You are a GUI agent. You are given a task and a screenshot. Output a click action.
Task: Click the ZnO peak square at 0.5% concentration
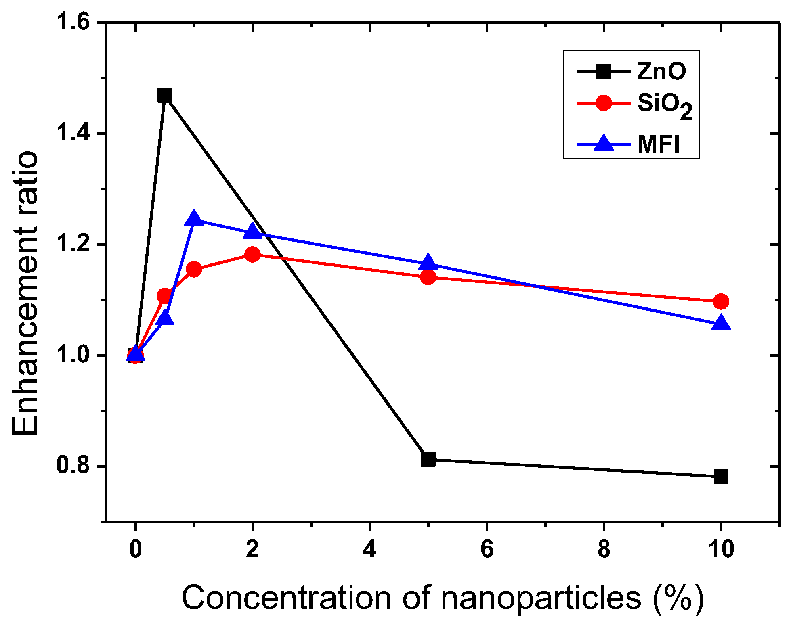pos(165,96)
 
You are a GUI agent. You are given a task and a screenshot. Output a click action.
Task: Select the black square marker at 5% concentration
pos(428,459)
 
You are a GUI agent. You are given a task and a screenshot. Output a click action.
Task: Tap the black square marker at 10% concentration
pos(721,477)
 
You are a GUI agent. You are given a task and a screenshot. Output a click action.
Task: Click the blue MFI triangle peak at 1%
pos(194,218)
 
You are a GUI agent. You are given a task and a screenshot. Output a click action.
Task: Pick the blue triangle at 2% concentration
pos(253,231)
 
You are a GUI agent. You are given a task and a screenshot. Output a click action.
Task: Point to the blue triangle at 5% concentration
pos(428,263)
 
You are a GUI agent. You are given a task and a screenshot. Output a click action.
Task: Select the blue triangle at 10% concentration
pos(721,324)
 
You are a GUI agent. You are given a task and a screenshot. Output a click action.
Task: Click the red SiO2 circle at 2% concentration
pos(253,254)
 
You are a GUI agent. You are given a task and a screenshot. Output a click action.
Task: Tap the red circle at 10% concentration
pos(721,301)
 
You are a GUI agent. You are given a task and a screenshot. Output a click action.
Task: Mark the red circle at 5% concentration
pos(428,277)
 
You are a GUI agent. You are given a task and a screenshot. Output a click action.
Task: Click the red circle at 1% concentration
pos(194,269)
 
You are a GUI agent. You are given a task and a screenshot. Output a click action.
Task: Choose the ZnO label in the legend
pos(661,72)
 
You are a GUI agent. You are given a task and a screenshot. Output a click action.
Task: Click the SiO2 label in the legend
pos(664,105)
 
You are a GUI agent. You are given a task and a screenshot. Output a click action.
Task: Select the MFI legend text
pos(659,144)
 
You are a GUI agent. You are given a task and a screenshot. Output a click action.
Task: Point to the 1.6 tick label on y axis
pos(72,22)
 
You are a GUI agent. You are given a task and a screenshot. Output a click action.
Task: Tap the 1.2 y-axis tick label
pos(72,244)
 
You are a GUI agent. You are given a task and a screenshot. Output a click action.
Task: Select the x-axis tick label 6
pos(487,549)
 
